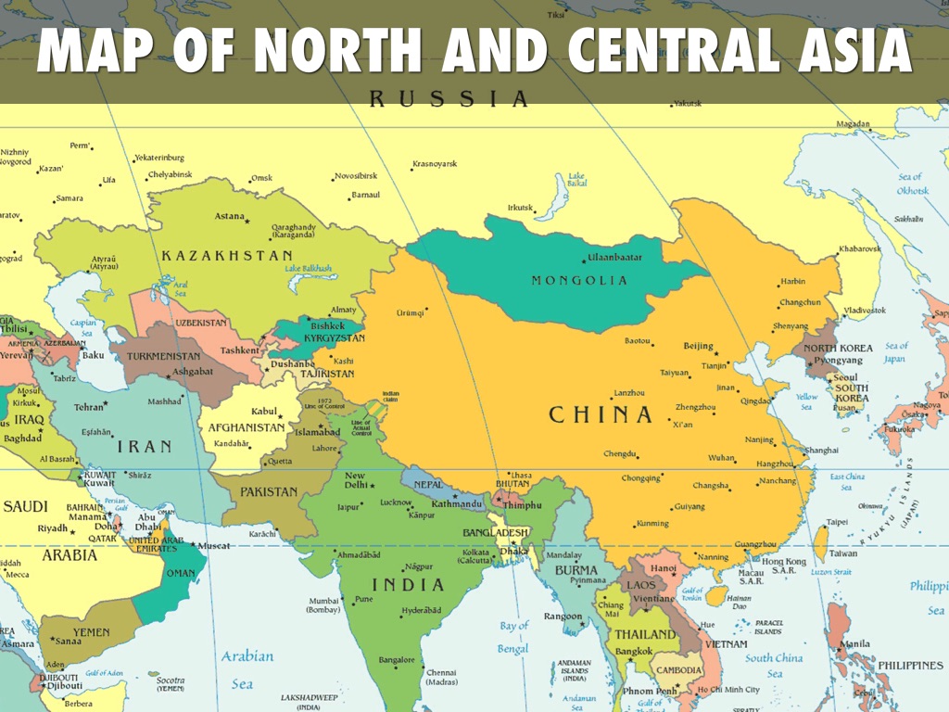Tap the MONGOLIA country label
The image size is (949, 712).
(x=579, y=280)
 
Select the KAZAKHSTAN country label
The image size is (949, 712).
(x=227, y=255)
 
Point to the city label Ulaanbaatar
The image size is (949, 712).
(x=614, y=258)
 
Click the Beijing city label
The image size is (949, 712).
(x=698, y=346)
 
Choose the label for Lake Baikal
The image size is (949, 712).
(x=576, y=180)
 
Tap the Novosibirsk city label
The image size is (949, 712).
(x=357, y=175)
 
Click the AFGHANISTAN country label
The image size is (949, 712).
(x=246, y=427)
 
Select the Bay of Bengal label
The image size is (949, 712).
(x=513, y=637)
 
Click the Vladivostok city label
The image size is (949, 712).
(x=865, y=310)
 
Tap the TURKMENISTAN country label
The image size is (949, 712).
(x=163, y=356)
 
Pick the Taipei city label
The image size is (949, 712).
(x=837, y=522)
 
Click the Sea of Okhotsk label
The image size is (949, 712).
(x=912, y=184)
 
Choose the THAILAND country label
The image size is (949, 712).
(x=645, y=634)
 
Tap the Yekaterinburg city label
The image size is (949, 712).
(x=159, y=158)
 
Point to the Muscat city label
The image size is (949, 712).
(x=214, y=545)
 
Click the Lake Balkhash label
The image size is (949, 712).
(x=308, y=268)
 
